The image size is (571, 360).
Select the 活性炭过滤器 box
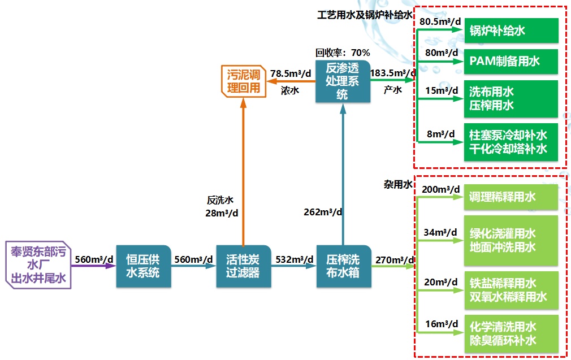point(243,266)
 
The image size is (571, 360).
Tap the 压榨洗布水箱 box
point(343,266)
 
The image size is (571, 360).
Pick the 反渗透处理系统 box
point(342,81)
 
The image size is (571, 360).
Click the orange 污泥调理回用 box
point(243,81)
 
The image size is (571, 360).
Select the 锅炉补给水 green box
point(511,31)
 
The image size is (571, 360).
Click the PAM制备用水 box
point(511,61)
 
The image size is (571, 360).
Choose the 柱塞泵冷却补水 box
point(511,142)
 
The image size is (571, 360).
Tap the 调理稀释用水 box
point(511,197)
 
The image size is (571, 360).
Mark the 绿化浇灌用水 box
point(511,240)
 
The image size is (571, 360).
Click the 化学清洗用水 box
point(511,333)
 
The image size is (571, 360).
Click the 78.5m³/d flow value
point(291,73)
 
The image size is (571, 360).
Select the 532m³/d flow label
point(294,259)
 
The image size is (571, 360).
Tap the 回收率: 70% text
point(343,53)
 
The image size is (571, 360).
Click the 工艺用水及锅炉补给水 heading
point(365,15)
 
